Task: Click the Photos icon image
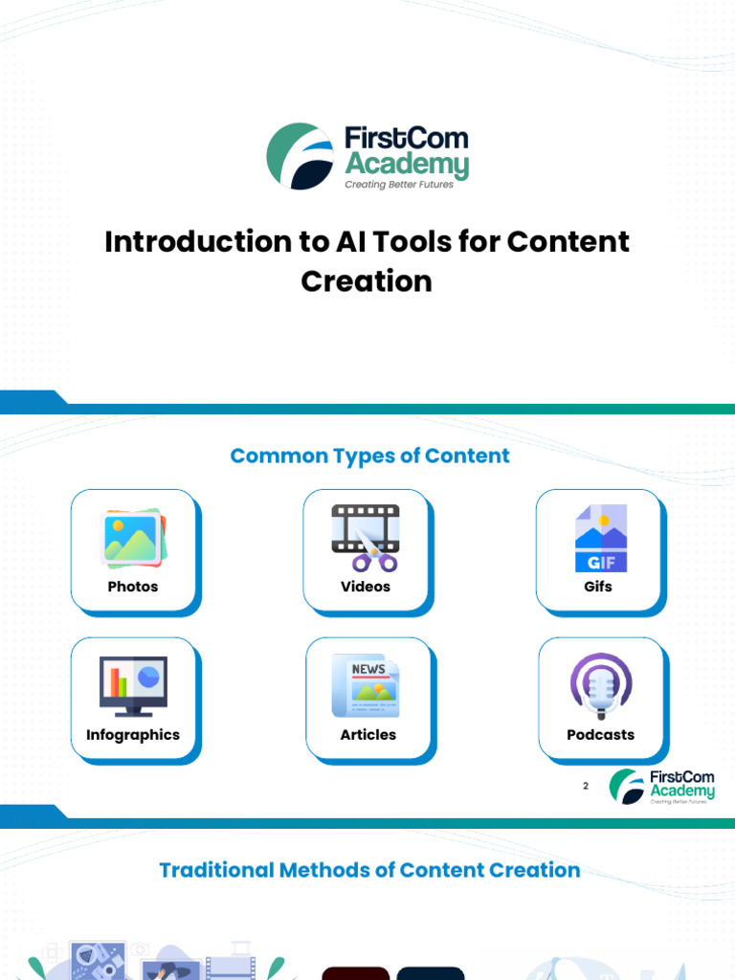click(133, 538)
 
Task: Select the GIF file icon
click(600, 538)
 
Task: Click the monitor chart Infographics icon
click(133, 686)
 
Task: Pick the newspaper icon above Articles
click(366, 685)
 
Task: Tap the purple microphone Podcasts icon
click(600, 686)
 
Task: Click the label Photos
click(133, 587)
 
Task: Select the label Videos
click(366, 587)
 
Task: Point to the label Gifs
click(598, 587)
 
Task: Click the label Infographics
click(133, 735)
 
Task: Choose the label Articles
click(368, 735)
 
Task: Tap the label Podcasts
click(601, 735)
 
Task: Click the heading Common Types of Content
click(370, 456)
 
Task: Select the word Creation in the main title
click(367, 281)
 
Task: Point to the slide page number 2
click(586, 786)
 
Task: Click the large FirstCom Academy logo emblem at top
click(300, 156)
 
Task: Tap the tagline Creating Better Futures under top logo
click(399, 185)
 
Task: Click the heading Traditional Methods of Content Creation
click(369, 870)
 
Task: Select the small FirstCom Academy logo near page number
click(662, 786)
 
